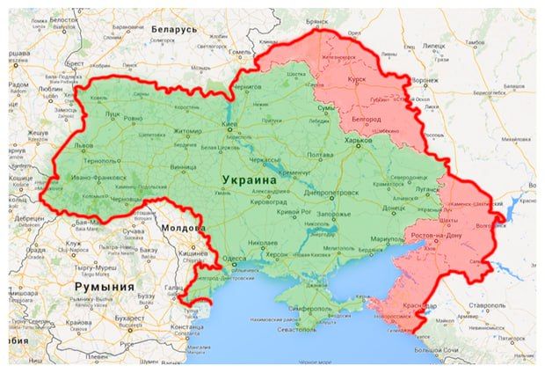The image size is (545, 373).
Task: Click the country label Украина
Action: pos(246,179)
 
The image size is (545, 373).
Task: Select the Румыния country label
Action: pos(104,287)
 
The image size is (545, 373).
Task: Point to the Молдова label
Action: pos(185,227)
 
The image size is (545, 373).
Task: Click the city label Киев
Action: pos(230,125)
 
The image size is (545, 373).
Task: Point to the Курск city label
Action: pos(356,77)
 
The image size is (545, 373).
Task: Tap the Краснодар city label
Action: pos(415,305)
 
